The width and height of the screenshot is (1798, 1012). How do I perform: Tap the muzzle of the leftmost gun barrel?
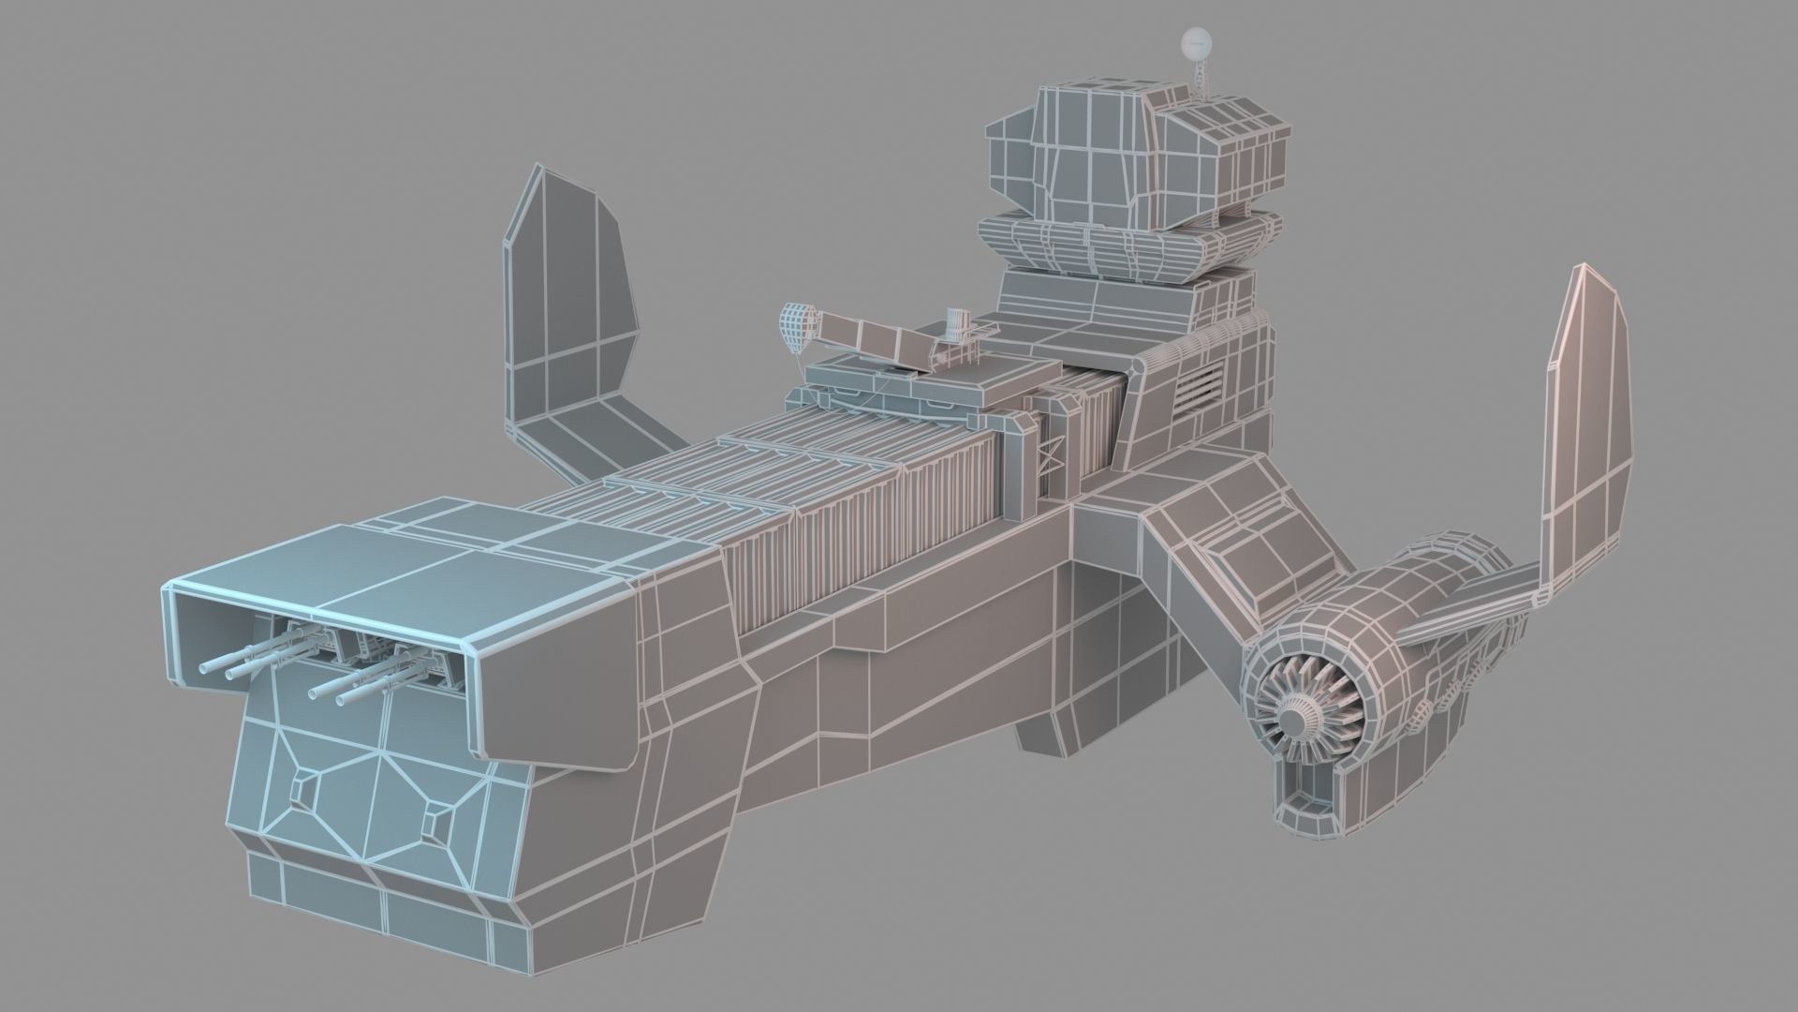[x=205, y=668]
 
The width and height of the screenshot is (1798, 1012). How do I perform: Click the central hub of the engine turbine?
[x=1295, y=720]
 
